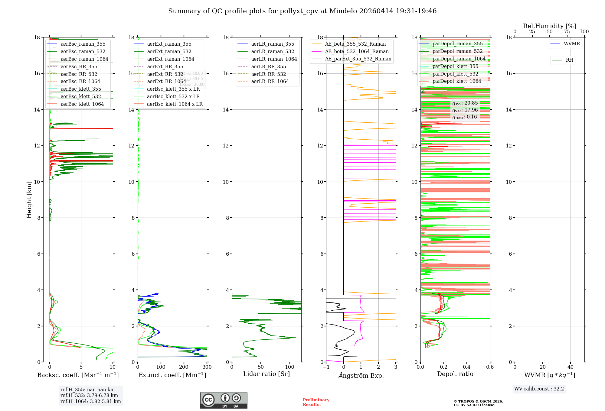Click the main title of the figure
pos(302,11)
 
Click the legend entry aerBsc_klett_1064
pos(82,104)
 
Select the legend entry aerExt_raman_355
pos(169,44)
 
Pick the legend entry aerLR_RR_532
pos(268,74)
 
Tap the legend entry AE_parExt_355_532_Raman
pos(358,59)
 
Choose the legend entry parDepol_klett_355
pos(455,66)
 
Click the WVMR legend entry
pos(571,44)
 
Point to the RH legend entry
pos(569,60)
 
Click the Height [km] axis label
pos(29,199)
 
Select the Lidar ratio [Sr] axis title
pos(266,374)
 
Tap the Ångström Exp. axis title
pos(361,376)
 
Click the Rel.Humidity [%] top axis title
pos(549,26)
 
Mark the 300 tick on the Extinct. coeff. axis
pos(207,367)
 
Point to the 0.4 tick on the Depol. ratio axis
pos(467,367)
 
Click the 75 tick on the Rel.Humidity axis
pos(567,32)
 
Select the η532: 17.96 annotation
pos(465,110)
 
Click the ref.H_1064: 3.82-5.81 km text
pos(90,402)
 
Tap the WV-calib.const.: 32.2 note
pos(539,389)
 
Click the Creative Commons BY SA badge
pos(224,400)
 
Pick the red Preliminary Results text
pos(316,402)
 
